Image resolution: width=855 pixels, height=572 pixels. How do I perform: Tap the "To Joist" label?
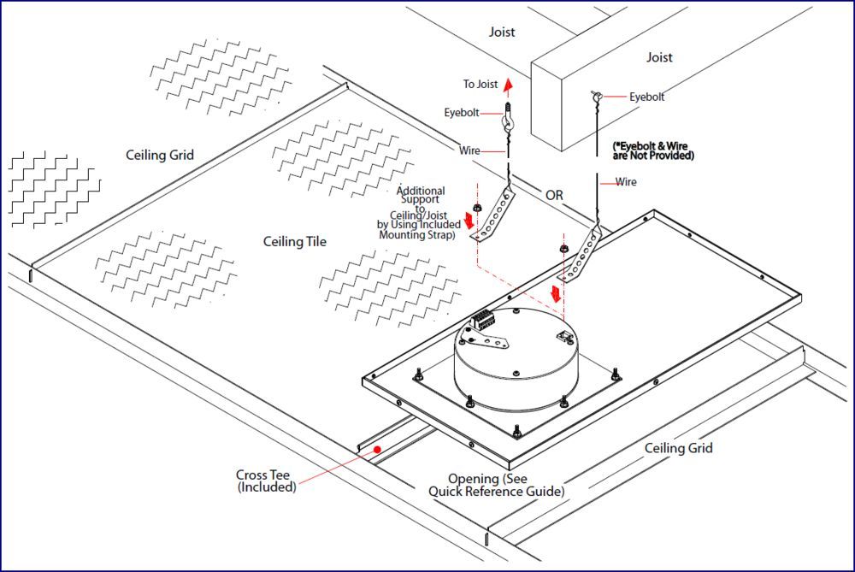[x=481, y=85]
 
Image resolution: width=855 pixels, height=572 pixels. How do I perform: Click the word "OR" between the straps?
[x=555, y=195]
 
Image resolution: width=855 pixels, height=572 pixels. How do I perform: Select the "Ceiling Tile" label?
[x=295, y=242]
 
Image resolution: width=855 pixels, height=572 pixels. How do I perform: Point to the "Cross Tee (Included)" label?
[x=267, y=481]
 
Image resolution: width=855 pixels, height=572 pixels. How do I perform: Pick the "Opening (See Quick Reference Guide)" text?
[x=496, y=485]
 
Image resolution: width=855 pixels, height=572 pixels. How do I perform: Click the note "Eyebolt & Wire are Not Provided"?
[x=653, y=151]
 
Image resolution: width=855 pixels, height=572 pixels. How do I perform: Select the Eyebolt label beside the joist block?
[x=647, y=97]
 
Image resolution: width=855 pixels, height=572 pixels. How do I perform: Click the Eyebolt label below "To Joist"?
[x=462, y=113]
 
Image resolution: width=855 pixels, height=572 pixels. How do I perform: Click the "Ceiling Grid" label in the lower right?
[x=678, y=448]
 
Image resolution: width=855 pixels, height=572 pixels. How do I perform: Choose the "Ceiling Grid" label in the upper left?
[x=160, y=155]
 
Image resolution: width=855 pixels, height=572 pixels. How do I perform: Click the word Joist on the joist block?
[x=659, y=58]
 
